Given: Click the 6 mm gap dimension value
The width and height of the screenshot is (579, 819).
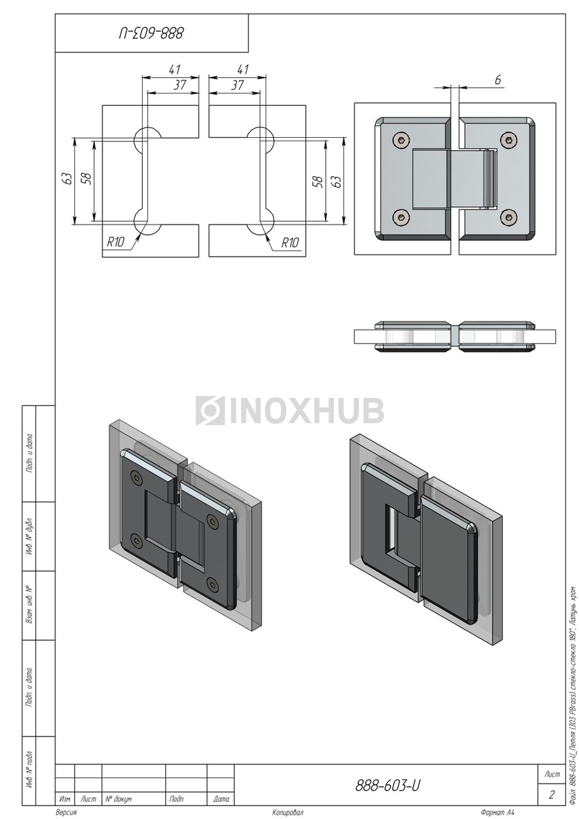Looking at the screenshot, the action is point(498,80).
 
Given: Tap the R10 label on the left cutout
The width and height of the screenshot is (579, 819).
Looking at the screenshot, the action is point(115,242).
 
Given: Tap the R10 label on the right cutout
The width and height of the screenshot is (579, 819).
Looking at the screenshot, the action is point(290,242).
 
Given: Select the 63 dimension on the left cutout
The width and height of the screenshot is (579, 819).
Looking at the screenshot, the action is point(68,178).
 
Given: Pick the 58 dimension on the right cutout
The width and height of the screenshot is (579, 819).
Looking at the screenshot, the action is point(318,182).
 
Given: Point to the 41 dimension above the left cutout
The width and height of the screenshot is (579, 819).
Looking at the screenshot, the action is point(175,70).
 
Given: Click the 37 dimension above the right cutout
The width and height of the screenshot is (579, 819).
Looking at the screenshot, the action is point(238,85).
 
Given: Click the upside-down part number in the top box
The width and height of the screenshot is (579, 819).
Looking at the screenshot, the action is point(151,33).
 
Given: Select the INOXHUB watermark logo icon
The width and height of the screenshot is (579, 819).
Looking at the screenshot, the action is point(210,411).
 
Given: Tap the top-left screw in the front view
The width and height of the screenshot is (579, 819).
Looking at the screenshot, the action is point(401,140).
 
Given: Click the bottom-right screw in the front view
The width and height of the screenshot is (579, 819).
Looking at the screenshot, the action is point(509,217).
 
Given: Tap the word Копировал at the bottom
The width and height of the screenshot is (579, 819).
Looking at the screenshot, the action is point(288,812).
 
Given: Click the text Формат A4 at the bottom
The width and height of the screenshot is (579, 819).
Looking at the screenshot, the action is point(498,812).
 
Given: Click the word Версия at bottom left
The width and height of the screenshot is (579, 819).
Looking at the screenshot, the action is point(66,812).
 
